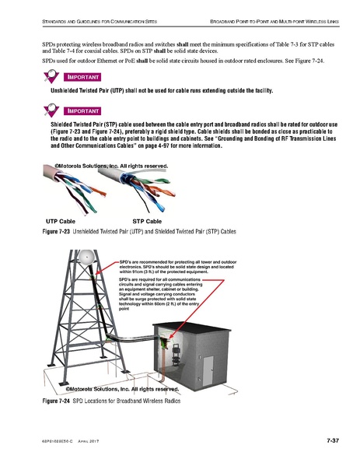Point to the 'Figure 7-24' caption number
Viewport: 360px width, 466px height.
(63, 402)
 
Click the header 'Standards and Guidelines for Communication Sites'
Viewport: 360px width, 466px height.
(93, 17)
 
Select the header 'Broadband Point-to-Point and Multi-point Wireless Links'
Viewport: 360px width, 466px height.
(264, 17)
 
